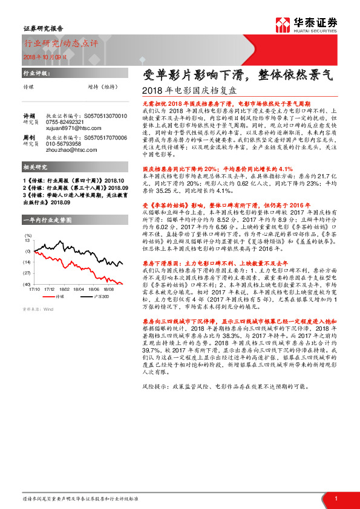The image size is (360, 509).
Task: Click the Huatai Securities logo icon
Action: tap(283, 24)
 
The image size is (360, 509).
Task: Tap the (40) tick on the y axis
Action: tap(27, 284)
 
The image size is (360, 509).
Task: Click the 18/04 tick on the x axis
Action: tap(79, 290)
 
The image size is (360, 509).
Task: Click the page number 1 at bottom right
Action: tap(335, 498)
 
